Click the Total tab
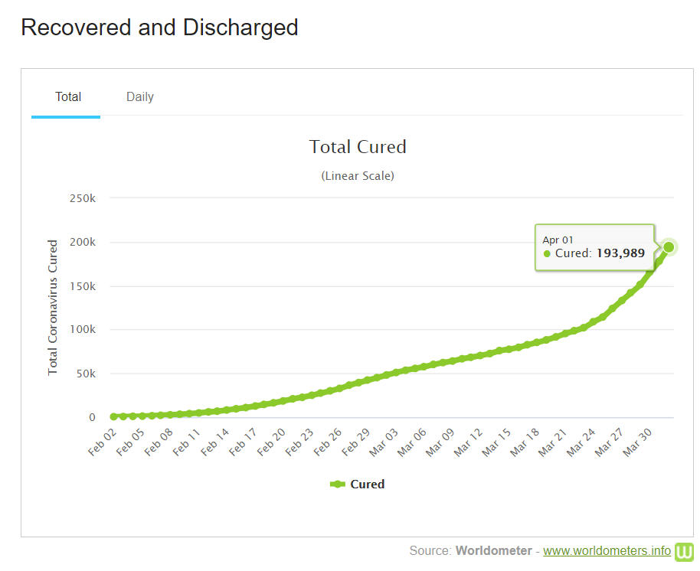68,97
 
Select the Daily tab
140,97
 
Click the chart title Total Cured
358,146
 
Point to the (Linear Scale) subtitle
358,176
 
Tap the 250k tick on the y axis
82,198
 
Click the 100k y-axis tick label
82,330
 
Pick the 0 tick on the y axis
92,418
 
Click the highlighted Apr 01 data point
669,247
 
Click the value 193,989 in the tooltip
620,253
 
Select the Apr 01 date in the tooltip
558,240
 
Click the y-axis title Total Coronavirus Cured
53,308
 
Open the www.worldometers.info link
607,551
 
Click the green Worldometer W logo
684,551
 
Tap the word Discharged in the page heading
240,28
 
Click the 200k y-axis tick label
82,242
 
